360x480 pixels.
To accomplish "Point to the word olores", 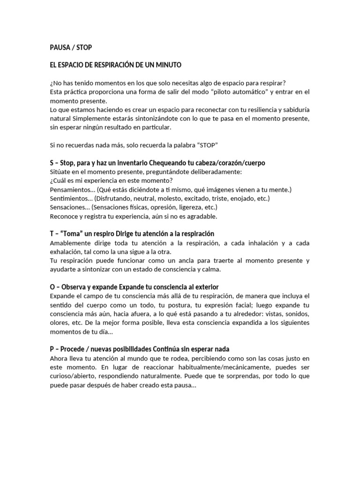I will click(60, 323).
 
